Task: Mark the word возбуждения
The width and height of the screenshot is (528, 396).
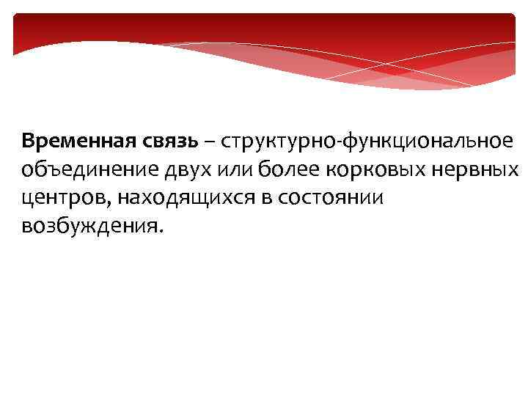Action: (86, 227)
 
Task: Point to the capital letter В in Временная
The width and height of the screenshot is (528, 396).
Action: (28, 140)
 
